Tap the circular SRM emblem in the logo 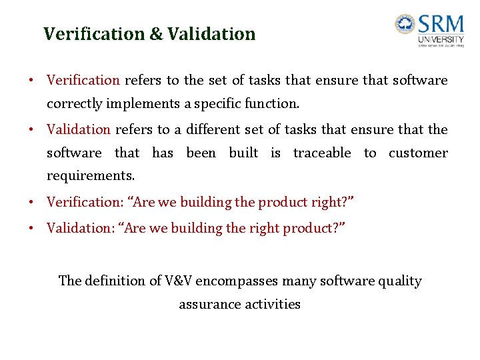pyautogui.click(x=404, y=25)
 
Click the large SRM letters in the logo pyautogui.click(x=441, y=25)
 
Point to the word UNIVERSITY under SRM pyautogui.click(x=441, y=40)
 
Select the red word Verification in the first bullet pyautogui.click(x=83, y=81)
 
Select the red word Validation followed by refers pyautogui.click(x=78, y=129)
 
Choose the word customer pyautogui.click(x=418, y=153)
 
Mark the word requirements pyautogui.click(x=90, y=177)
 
